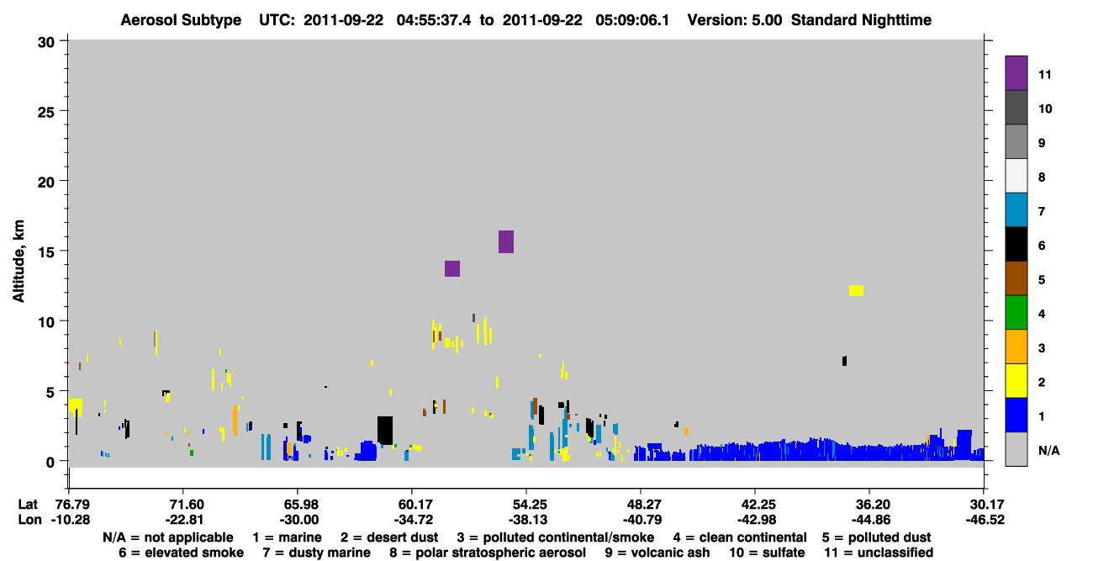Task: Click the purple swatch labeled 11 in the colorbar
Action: tap(1016, 73)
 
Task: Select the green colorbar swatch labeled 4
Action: tap(1016, 313)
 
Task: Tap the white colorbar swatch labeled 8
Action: tap(1016, 176)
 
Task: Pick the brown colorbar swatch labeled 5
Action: tap(1016, 278)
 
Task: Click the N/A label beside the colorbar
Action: tap(1048, 450)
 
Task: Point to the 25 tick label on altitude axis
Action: tap(46, 113)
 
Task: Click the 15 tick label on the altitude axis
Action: tap(46, 252)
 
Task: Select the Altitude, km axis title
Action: tap(18, 262)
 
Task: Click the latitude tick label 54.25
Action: tap(527, 505)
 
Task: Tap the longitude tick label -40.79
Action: tap(642, 520)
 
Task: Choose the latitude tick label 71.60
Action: tap(184, 505)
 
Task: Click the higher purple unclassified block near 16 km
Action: tap(506, 241)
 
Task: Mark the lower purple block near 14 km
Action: tap(452, 268)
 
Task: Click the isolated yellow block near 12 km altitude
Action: tap(857, 290)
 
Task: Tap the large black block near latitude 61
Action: tap(385, 430)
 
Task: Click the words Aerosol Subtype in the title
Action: tap(181, 20)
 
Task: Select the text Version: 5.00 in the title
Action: tap(735, 20)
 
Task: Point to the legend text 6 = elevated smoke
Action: tap(181, 553)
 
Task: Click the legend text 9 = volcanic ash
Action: tap(657, 553)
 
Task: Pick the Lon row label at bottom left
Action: tap(29, 520)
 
